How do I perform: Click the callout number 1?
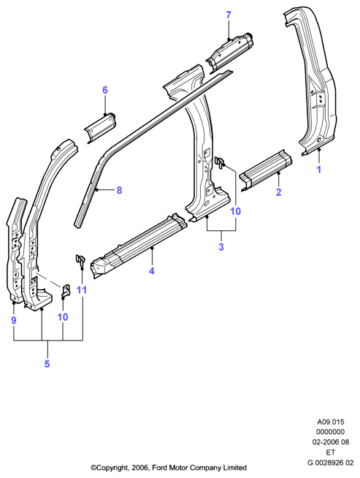point(319,170)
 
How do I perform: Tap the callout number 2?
point(278,192)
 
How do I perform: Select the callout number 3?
point(221,246)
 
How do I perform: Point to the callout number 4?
point(152,270)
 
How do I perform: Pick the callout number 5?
point(47,364)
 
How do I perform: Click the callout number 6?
point(105,90)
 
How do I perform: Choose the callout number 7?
point(229,15)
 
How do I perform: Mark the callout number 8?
point(119,190)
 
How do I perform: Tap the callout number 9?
point(13,320)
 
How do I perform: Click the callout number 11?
point(82,290)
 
